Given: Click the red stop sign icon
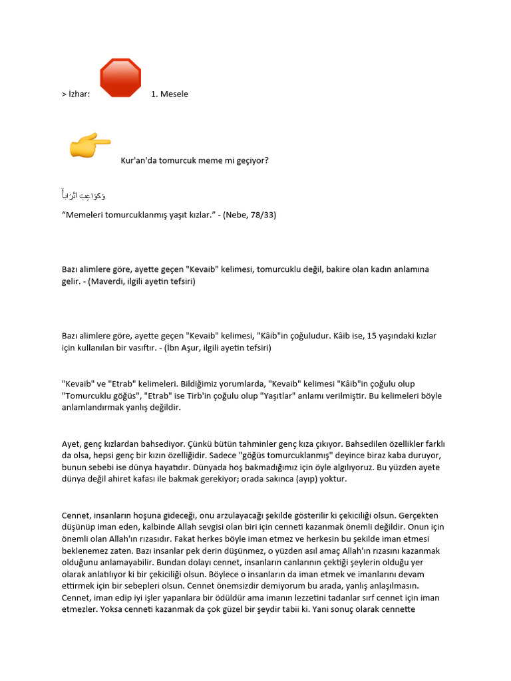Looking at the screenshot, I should tap(120, 78).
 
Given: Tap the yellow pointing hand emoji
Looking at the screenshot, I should tap(90, 144).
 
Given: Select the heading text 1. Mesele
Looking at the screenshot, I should tap(169, 94).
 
